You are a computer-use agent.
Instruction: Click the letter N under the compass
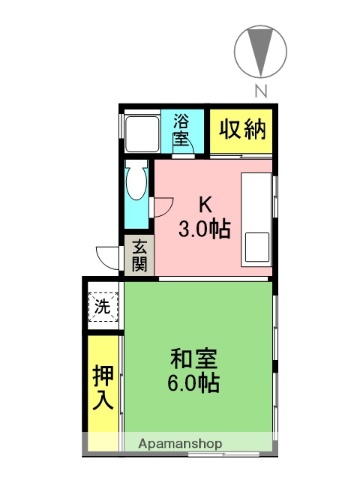pos(261,93)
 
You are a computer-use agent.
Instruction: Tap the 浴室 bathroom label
pos(181,130)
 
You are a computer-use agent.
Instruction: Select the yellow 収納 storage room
pos(242,130)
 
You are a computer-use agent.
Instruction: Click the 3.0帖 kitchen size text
pos(204,229)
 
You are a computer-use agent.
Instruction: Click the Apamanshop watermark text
pos(180,442)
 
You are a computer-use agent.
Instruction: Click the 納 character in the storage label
pos(255,130)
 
